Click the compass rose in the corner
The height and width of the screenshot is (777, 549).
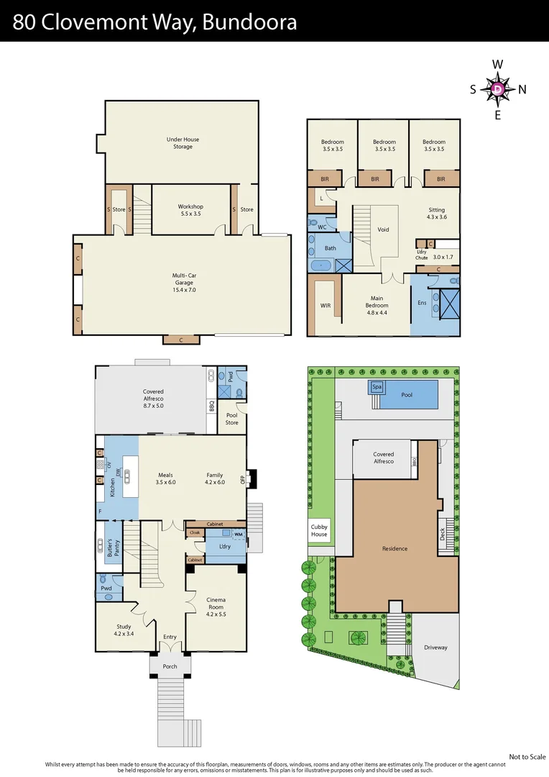click(x=498, y=89)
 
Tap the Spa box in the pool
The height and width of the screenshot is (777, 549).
click(x=377, y=387)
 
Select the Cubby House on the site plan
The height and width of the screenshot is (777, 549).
click(x=319, y=530)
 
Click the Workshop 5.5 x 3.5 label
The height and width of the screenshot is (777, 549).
click(x=190, y=210)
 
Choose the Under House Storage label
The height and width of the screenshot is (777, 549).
click(x=183, y=142)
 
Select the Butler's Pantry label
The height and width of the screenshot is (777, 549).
click(x=110, y=550)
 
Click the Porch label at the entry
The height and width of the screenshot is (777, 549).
click(x=170, y=666)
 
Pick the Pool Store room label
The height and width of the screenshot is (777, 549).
click(x=232, y=419)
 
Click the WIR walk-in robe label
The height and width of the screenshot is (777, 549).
click(x=325, y=306)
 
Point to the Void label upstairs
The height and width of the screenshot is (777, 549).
click(x=383, y=230)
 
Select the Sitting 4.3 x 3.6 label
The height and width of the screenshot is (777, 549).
click(x=437, y=214)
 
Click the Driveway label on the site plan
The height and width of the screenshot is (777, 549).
click(x=435, y=647)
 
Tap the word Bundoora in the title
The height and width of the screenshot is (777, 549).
click(x=250, y=22)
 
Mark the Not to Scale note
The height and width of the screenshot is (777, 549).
click(x=527, y=756)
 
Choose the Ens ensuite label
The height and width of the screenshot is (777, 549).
click(x=422, y=303)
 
